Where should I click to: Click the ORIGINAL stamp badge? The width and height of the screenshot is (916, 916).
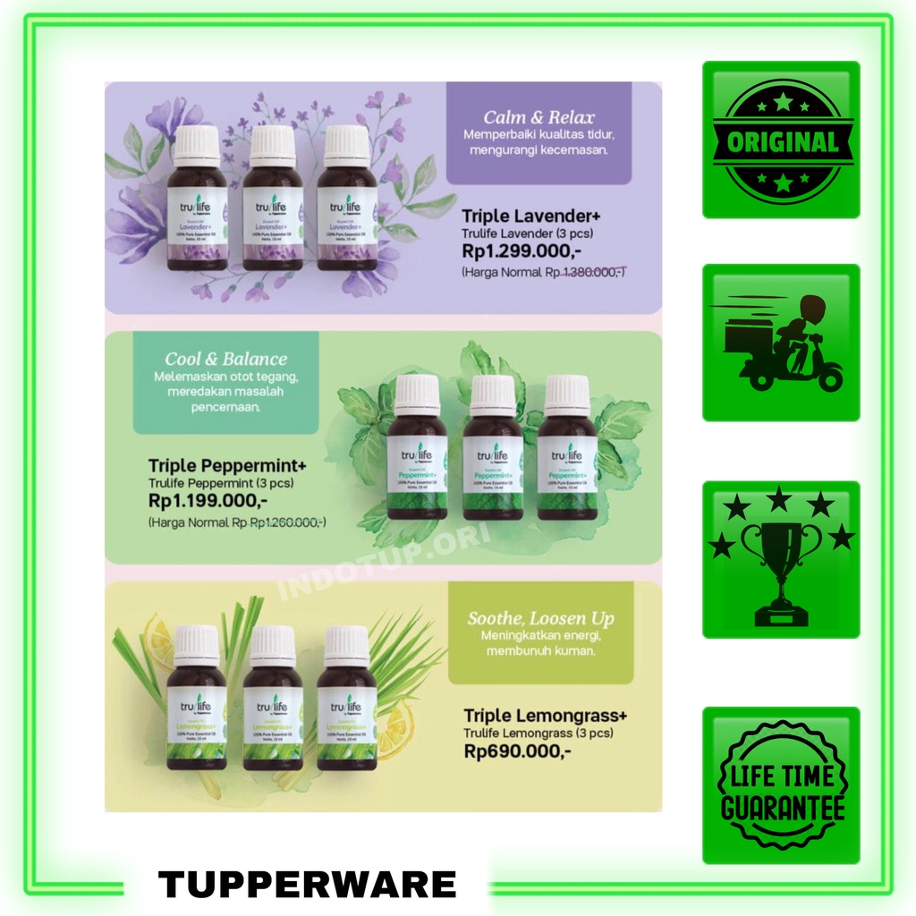(x=781, y=140)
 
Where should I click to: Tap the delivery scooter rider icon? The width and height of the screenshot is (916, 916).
(x=781, y=343)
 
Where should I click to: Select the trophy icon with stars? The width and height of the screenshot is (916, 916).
(x=781, y=559)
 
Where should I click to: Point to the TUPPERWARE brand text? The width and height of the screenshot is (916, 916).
(x=307, y=884)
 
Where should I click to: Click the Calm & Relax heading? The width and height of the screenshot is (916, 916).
(x=539, y=117)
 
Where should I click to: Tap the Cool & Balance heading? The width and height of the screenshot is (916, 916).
(x=225, y=360)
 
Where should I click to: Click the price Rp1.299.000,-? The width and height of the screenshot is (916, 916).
(x=522, y=251)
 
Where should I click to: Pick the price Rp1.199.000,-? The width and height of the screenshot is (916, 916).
(x=208, y=501)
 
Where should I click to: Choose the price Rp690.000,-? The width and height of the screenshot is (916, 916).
(x=517, y=751)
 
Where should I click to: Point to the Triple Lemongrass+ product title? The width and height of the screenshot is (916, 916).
(x=546, y=716)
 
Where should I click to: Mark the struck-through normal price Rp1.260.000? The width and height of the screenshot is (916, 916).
(x=286, y=522)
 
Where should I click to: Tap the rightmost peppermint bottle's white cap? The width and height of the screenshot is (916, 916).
(x=567, y=394)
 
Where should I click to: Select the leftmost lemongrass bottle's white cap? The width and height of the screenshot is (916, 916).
(x=197, y=645)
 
